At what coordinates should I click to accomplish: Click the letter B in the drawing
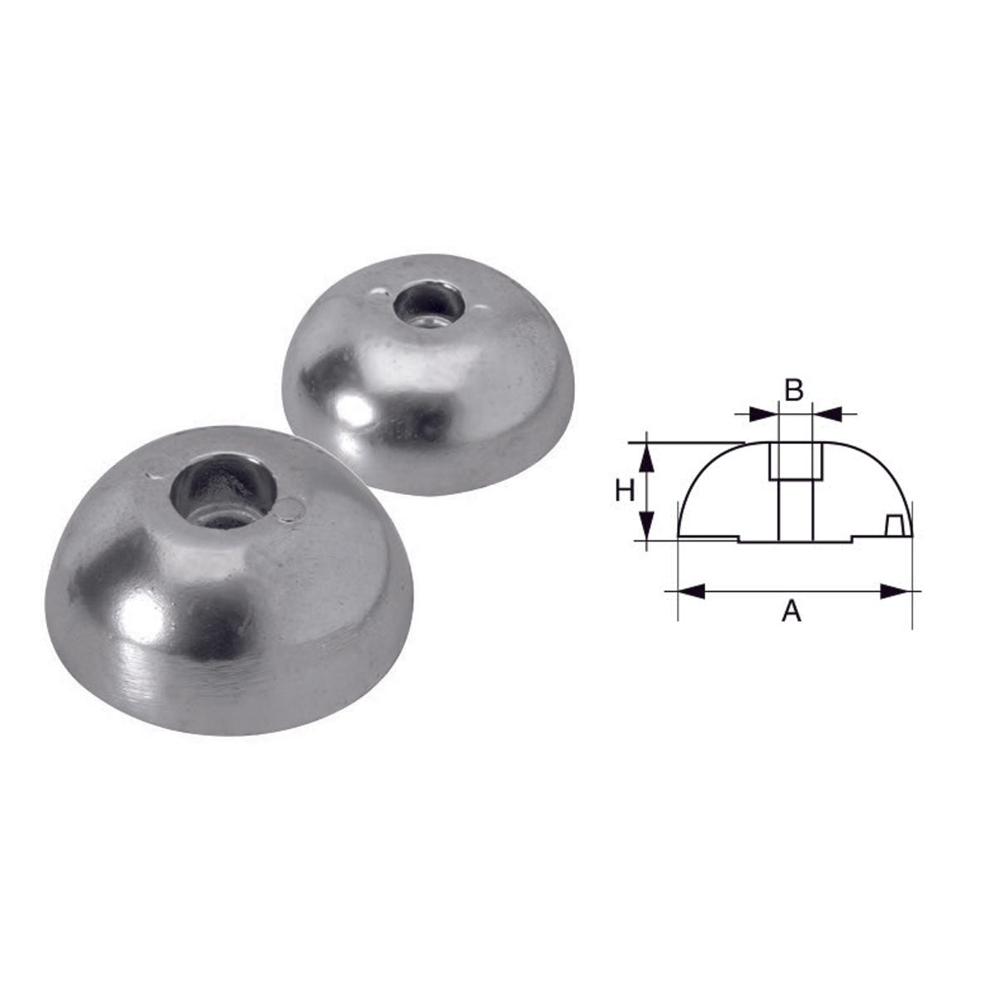(794, 389)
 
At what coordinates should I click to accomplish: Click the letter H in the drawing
(625, 492)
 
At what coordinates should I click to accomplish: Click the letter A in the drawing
(792, 613)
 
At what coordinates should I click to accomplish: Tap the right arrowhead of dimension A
(893, 591)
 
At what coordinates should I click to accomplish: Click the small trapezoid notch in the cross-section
(896, 526)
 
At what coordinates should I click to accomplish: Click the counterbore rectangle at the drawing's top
(795, 460)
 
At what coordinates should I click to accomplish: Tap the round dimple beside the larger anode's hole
(288, 510)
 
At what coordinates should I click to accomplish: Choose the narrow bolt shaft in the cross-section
(795, 509)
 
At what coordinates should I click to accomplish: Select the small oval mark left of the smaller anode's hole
(379, 292)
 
